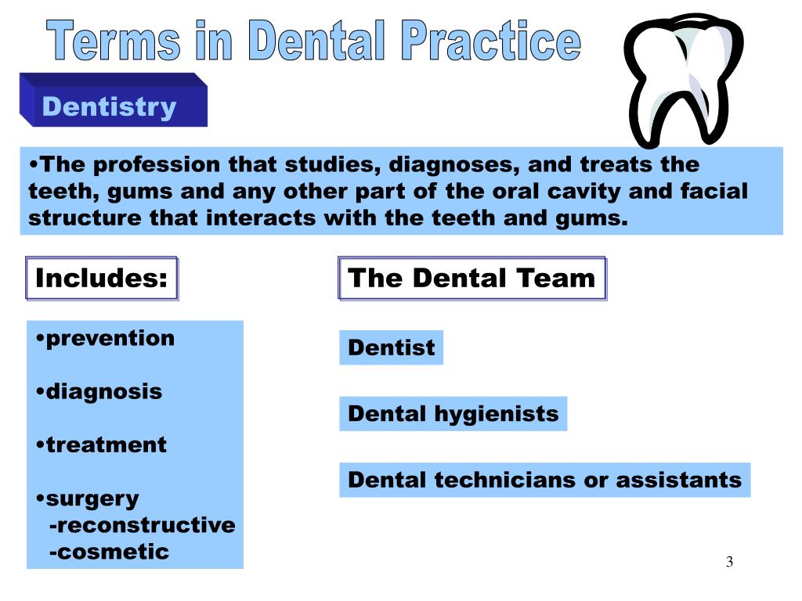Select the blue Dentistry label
click(110, 106)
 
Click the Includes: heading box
click(102, 279)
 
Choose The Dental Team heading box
click(471, 279)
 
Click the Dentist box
click(391, 347)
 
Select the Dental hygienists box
click(453, 414)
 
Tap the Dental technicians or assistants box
click(544, 480)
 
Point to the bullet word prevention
click(110, 339)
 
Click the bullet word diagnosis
click(103, 391)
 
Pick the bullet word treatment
click(106, 445)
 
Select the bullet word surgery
click(92, 498)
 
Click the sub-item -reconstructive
click(142, 525)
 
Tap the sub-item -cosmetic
click(109, 552)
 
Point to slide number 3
click(729, 562)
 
